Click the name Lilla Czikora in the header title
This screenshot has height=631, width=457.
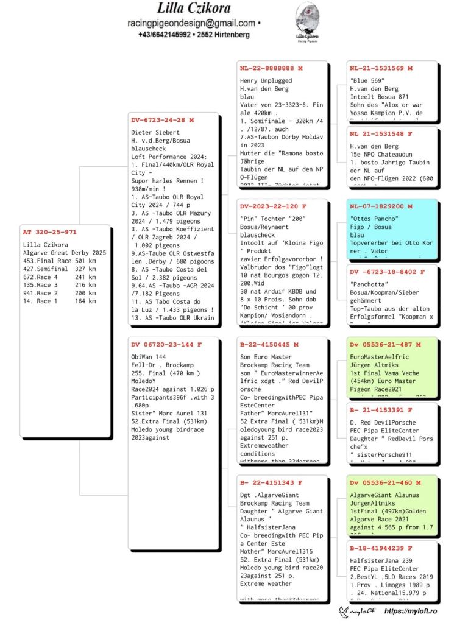pyautogui.click(x=193, y=9)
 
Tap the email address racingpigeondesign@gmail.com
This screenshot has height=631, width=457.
pyautogui.click(x=191, y=23)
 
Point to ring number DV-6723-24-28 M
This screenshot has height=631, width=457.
pyautogui.click(x=162, y=120)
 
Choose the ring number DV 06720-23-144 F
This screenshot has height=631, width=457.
pyautogui.click(x=166, y=344)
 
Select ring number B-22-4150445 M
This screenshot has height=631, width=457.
pyautogui.click(x=269, y=344)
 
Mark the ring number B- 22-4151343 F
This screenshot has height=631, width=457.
pyautogui.click(x=271, y=482)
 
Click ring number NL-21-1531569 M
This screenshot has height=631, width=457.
pyautogui.click(x=381, y=68)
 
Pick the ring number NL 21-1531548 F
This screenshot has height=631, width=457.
pyautogui.click(x=381, y=133)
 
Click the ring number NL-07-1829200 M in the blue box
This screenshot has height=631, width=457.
pyautogui.click(x=381, y=206)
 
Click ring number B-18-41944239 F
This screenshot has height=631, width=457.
pyautogui.click(x=381, y=548)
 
